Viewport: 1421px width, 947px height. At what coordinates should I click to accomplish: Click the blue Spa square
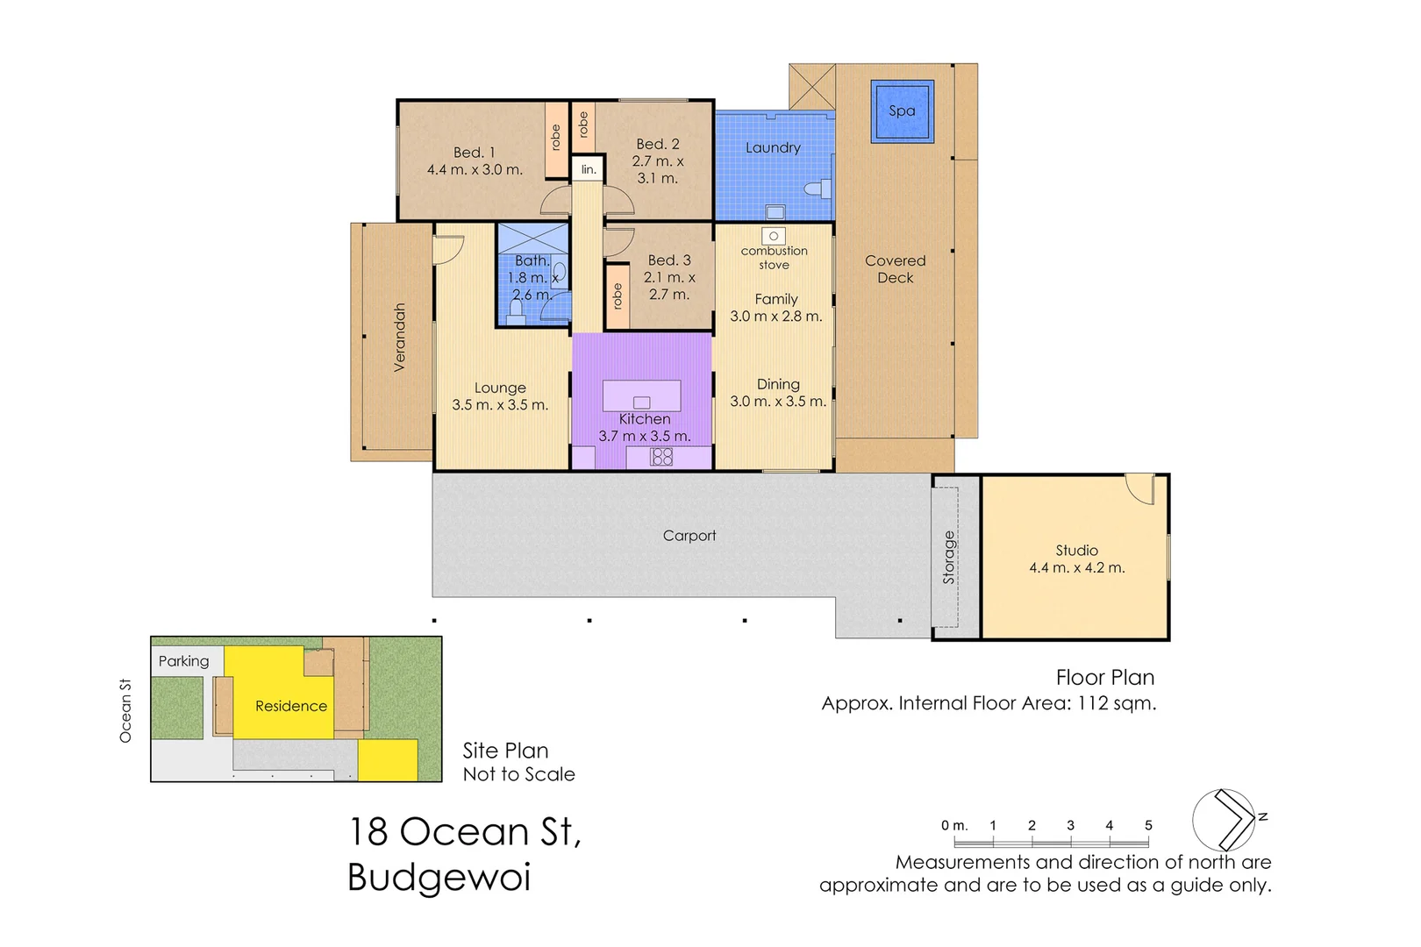tap(902, 110)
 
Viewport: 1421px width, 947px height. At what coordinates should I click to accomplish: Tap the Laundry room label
tap(773, 148)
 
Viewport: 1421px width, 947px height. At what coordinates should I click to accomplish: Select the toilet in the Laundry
tap(817, 189)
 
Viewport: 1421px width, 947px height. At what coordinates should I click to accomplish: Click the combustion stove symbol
tap(774, 236)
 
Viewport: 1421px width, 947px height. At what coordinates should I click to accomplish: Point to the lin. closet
tap(589, 169)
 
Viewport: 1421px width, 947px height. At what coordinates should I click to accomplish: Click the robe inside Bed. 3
tap(618, 296)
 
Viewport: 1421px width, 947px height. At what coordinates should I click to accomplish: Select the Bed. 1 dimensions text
tap(475, 170)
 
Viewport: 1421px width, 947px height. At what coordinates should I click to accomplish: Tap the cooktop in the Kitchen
tap(661, 457)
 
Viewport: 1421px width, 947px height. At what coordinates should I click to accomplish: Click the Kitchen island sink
tap(641, 402)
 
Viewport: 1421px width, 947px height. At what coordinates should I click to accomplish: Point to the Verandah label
tap(400, 338)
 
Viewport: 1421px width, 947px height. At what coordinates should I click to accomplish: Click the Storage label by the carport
tap(948, 558)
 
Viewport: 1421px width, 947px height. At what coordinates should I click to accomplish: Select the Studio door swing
tap(1140, 488)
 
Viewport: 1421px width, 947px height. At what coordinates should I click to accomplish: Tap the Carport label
tap(689, 536)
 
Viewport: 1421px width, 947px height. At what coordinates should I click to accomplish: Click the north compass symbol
tap(1225, 820)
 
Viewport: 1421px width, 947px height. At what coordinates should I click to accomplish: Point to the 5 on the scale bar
tap(1148, 825)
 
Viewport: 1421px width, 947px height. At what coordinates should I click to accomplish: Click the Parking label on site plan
tap(183, 661)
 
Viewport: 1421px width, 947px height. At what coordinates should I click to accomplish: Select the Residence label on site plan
tap(291, 706)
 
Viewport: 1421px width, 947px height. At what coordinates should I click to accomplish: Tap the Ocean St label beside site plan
tap(125, 710)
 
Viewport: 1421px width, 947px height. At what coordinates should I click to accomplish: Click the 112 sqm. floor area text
tap(1117, 703)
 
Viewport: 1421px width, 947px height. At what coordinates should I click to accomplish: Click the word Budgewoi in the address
tap(439, 877)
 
